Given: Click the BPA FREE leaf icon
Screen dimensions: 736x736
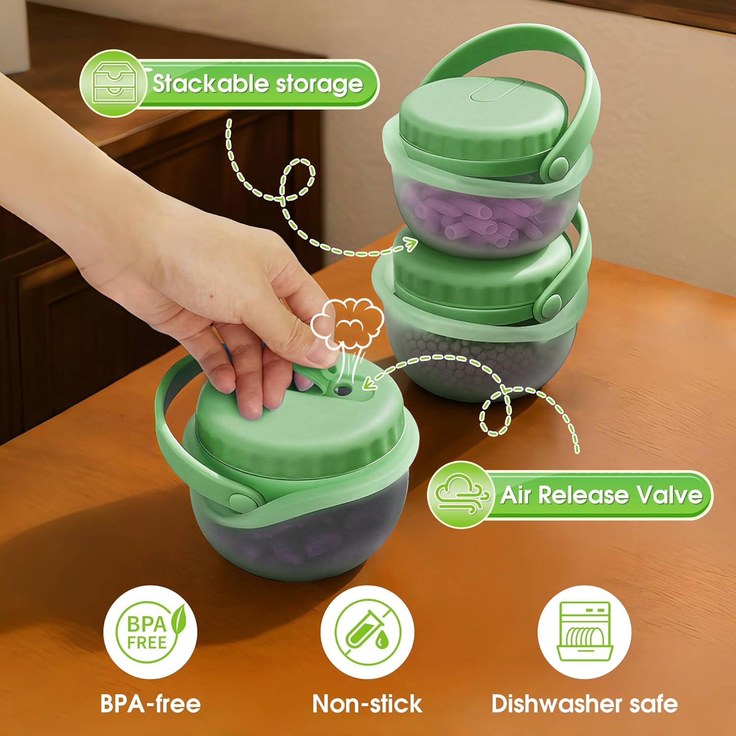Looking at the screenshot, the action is pos(150,632).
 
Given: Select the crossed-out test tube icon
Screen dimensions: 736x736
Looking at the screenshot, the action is pos(368,632).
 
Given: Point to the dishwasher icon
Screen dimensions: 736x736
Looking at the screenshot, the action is pos(584,632).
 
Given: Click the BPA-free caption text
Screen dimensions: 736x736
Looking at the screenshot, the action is pos(151,704).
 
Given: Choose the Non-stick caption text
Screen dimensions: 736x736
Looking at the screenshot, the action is pos(368,704).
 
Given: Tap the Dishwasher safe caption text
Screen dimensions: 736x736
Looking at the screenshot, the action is pos(584,704).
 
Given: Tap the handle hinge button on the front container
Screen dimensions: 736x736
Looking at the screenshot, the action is pos(241,500).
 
